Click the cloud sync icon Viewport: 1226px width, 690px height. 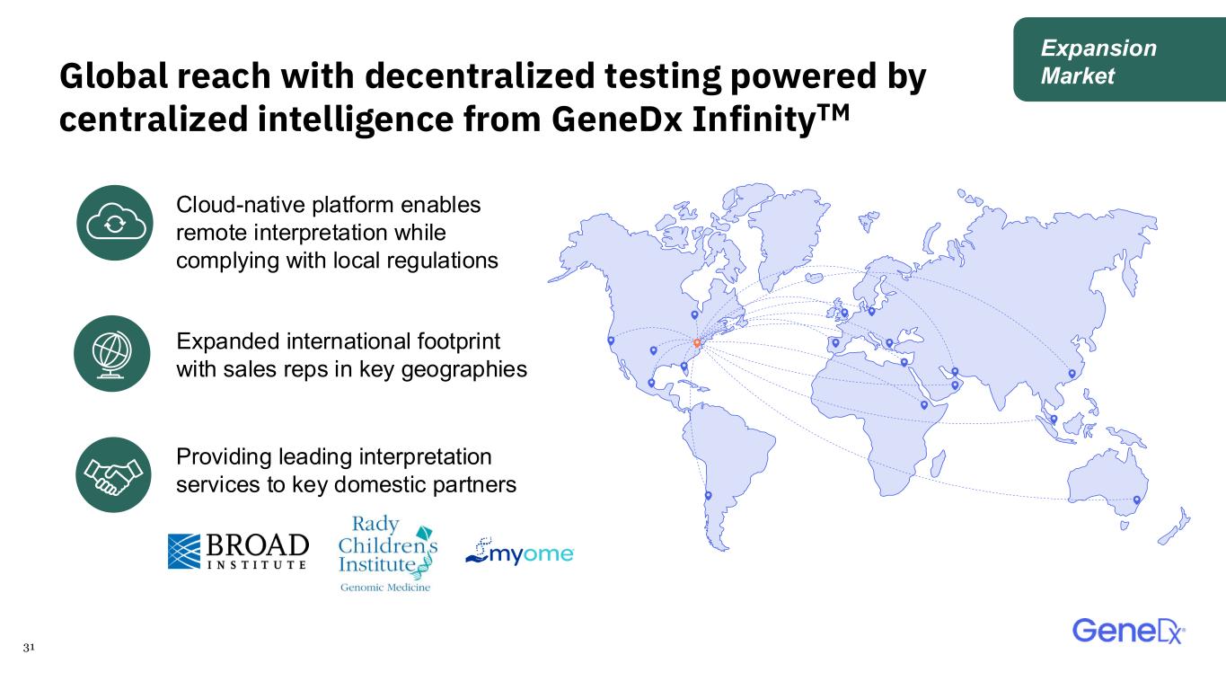(x=114, y=223)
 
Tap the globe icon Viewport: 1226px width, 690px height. (x=112, y=353)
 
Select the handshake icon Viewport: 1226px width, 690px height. (x=113, y=474)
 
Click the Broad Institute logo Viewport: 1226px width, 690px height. (x=238, y=551)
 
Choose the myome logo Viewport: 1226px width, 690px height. (x=519, y=552)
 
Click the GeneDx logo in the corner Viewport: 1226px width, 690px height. (x=1128, y=632)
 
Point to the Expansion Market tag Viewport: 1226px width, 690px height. (x=1119, y=59)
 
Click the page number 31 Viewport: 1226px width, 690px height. (x=29, y=647)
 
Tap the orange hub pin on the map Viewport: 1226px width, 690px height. (x=697, y=343)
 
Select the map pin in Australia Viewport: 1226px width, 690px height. (x=1137, y=500)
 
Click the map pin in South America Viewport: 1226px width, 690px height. (x=709, y=496)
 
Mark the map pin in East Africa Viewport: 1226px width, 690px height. (x=924, y=405)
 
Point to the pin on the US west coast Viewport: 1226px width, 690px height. (x=611, y=341)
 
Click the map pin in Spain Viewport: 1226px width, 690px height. (x=836, y=343)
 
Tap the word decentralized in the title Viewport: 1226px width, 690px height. (x=480, y=75)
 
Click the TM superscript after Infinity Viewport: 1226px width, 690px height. (x=834, y=112)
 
